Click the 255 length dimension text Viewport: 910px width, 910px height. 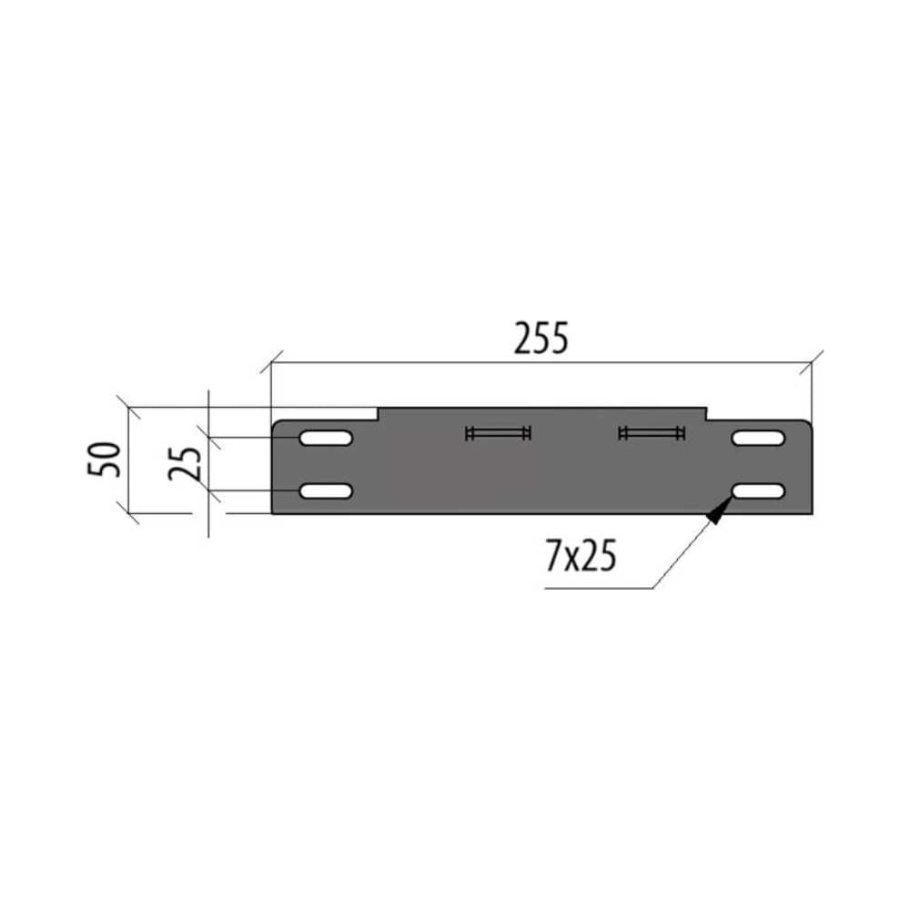[541, 338]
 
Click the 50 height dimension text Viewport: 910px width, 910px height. [105, 460]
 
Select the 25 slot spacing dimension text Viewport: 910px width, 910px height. [185, 464]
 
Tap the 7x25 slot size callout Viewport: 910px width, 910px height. [581, 555]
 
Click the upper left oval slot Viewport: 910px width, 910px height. [326, 438]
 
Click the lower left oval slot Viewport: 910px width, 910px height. [326, 491]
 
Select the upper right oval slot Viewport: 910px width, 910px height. [759, 438]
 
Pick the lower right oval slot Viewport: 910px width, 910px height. [759, 491]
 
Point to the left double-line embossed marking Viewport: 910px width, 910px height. [498, 433]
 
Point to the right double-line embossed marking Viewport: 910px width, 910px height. [652, 433]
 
